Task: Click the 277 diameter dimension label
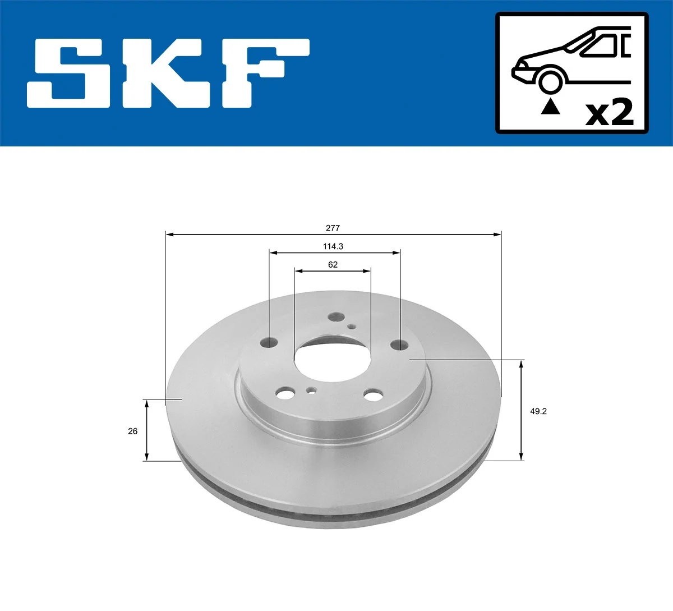333,228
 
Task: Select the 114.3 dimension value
333,246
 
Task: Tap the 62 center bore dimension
333,264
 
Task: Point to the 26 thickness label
133,431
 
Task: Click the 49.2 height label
538,411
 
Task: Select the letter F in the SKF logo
264,73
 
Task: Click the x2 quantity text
609,113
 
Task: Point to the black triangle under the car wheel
550,106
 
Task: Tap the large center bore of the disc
333,359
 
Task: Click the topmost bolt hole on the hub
336,318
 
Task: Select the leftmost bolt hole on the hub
270,342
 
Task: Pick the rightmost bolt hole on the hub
399,344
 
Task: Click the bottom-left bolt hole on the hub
285,393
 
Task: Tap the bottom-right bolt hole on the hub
372,396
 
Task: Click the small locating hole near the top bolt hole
351,327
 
